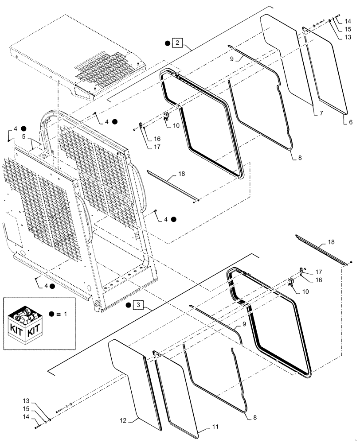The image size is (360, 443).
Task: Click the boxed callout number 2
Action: [177, 43]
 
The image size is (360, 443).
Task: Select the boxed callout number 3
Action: [138, 305]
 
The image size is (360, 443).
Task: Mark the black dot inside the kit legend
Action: [53, 314]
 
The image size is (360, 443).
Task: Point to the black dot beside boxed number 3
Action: [128, 305]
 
